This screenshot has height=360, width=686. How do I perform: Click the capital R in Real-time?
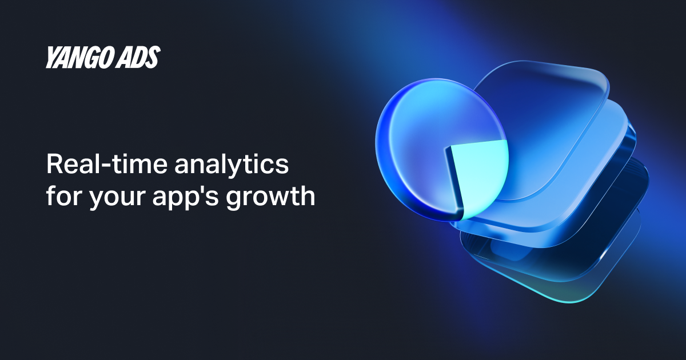tap(55, 165)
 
